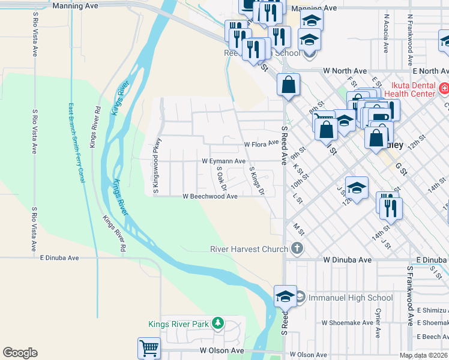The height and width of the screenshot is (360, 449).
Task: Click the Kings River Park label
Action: [x=178, y=325]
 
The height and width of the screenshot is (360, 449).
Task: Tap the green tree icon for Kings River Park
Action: [x=218, y=325]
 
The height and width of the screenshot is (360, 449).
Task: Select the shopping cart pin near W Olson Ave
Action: [x=148, y=348]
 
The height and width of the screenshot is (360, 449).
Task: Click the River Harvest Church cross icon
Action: [x=297, y=248]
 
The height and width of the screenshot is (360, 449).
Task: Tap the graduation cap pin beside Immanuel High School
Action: [x=285, y=296]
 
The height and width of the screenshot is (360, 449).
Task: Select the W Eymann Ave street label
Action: [x=223, y=161]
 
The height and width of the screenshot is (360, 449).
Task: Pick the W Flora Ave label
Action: [x=262, y=144]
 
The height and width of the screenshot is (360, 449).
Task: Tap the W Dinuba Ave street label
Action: [x=348, y=260]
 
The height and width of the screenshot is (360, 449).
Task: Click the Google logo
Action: [x=20, y=353]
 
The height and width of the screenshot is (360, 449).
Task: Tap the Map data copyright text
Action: [x=424, y=355]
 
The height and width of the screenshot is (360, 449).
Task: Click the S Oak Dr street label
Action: [x=220, y=178]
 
